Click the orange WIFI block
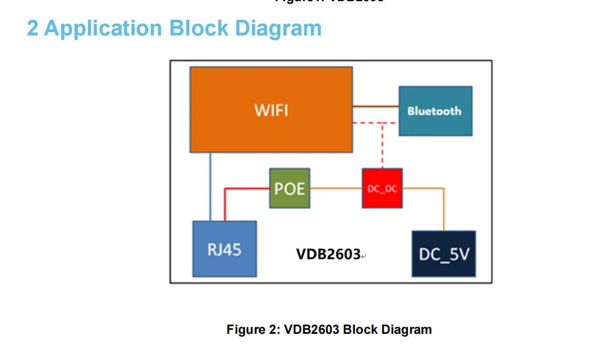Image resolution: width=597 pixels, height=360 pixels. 271,109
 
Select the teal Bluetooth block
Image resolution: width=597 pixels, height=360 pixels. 435,111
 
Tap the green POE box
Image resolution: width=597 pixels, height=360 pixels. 289,188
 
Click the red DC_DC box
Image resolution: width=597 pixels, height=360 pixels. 382,188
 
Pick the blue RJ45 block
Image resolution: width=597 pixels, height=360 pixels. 224,249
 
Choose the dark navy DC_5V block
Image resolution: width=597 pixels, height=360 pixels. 443,254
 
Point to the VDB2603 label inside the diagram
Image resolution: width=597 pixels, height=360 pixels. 328,254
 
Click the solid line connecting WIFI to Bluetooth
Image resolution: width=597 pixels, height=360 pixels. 375,106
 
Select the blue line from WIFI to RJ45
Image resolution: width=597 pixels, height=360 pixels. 210,186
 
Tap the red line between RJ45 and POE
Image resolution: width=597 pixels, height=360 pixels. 244,188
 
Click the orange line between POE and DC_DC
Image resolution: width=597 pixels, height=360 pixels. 336,188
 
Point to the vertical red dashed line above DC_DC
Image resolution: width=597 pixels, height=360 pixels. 382,145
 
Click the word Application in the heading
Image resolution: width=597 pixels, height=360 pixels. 103,28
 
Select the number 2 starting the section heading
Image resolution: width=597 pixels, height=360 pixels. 33,28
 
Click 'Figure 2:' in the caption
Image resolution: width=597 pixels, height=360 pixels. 253,330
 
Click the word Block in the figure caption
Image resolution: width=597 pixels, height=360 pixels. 360,330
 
